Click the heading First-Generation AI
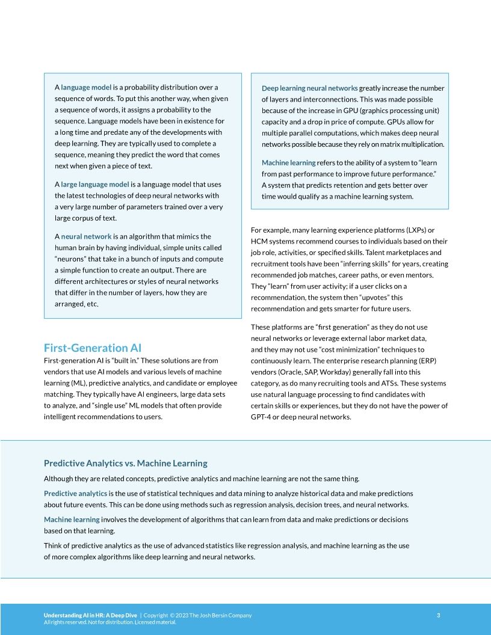92,348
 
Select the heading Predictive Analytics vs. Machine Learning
125,463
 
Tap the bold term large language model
94,184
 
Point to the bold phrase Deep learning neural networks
309,88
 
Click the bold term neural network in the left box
86,236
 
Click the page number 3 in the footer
438,615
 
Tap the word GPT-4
262,417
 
